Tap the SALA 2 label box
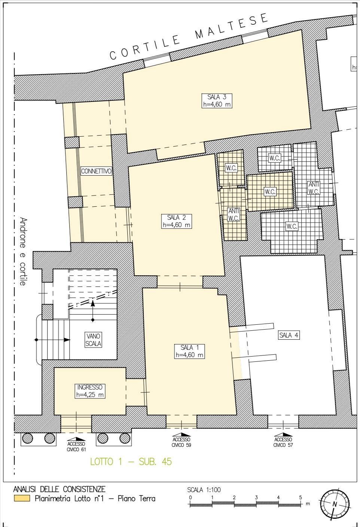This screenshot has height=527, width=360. (177, 221)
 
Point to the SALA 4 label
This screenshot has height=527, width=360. (289, 335)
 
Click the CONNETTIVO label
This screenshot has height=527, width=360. (96, 171)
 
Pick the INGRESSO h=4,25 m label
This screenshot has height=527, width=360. (90, 391)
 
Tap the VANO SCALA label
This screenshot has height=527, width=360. (93, 340)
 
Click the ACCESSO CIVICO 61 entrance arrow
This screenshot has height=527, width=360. (76, 439)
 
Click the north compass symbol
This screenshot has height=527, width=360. (335, 504)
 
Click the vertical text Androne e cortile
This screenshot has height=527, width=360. (23, 251)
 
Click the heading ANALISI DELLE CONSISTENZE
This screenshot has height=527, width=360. (59, 489)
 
